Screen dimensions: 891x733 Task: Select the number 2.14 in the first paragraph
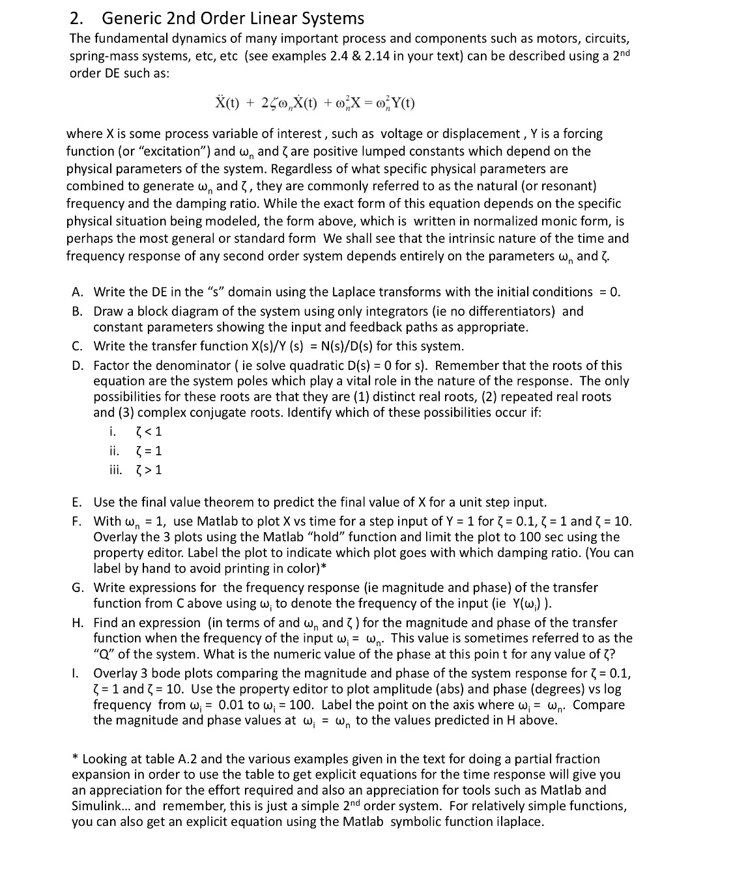pos(369,56)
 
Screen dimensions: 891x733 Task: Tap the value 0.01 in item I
pos(231,705)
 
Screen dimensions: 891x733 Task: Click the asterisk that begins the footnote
pos(76,758)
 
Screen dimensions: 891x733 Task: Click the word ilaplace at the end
pos(519,822)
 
